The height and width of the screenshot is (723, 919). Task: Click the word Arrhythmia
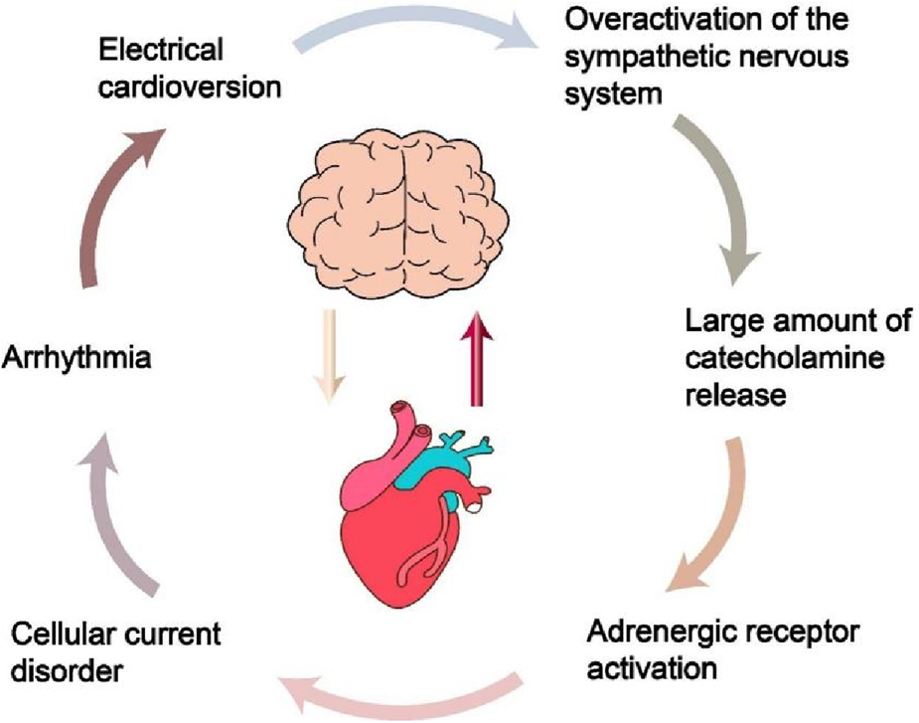77,355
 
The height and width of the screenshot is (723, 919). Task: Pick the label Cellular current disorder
115,651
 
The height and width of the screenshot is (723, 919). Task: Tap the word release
735,395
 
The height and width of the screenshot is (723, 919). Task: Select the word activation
651,667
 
